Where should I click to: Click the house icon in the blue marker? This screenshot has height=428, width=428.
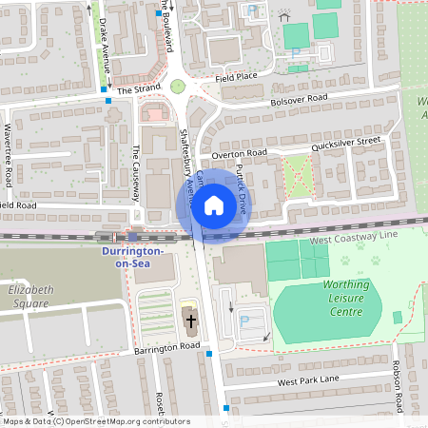tap(214, 204)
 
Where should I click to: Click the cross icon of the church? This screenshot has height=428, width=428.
tap(190, 321)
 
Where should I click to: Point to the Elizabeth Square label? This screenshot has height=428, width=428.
tap(25, 298)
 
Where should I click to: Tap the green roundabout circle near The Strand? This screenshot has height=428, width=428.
tap(177, 87)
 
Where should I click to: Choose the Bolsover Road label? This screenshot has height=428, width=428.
tap(299, 98)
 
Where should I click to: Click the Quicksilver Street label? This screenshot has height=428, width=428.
tap(346, 143)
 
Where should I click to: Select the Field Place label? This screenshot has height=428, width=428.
tap(236, 76)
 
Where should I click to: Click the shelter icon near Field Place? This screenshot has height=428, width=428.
tap(283, 16)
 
